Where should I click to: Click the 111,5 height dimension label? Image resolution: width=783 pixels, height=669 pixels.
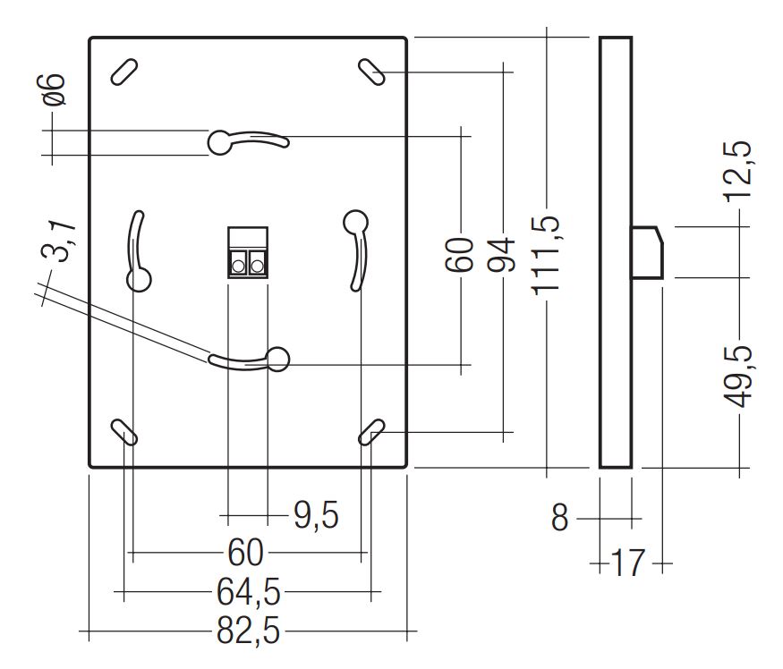coord(549,254)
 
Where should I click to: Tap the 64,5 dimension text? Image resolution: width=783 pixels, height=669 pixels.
coord(248,592)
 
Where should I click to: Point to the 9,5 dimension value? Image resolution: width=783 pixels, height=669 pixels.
coord(316,515)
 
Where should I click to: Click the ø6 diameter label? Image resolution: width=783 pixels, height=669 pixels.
coord(55,89)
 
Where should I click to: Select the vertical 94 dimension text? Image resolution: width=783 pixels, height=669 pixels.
coord(505,254)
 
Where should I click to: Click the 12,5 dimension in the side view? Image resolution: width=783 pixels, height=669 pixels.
coord(741,175)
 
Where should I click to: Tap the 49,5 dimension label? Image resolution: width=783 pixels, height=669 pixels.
coord(741,376)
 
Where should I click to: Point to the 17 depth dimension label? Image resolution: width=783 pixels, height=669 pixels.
coord(627,564)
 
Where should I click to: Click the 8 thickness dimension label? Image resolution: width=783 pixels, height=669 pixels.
coord(559,518)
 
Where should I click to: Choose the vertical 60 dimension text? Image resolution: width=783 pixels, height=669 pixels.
coord(460,254)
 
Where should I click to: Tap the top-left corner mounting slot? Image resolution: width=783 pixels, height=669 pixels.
coord(123,72)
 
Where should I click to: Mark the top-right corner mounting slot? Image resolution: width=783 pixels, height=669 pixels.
coord(371,71)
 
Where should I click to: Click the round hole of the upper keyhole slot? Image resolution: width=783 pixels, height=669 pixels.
coord(220,141)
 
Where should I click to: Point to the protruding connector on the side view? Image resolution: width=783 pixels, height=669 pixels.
coord(648,252)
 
